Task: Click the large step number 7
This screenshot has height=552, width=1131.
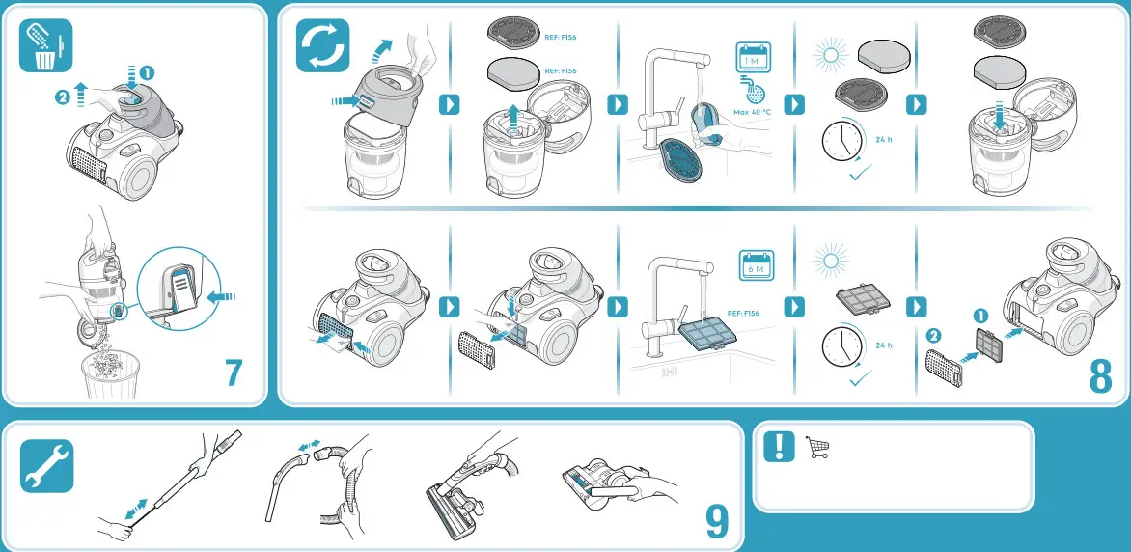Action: [233, 373]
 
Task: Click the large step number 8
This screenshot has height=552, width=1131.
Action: [1100, 376]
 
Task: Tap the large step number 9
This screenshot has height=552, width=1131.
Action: [716, 522]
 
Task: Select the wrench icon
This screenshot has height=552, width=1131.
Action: [44, 466]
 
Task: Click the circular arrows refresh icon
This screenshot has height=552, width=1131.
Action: [321, 47]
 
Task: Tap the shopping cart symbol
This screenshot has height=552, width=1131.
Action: [817, 448]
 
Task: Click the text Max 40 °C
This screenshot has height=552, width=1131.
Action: [753, 112]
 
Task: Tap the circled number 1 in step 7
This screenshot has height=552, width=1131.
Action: [147, 71]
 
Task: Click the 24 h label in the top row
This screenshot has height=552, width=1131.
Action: [883, 139]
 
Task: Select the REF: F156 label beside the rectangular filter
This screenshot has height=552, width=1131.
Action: [743, 313]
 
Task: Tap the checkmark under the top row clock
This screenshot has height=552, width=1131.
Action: [857, 176]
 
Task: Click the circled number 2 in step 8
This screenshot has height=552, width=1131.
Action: [933, 336]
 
